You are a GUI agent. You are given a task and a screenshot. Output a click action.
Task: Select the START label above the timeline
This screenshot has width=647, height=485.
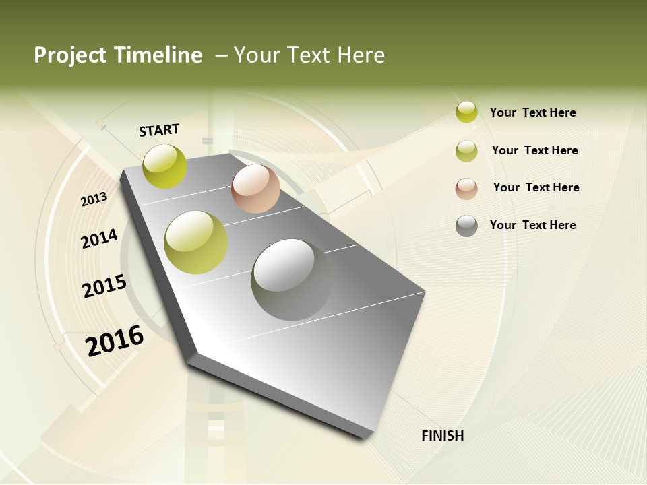[159, 130]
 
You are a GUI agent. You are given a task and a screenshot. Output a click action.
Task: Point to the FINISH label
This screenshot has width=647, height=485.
[443, 436]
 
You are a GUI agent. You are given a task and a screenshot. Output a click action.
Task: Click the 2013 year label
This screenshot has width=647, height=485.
[94, 199]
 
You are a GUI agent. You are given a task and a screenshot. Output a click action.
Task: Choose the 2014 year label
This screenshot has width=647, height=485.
[100, 238]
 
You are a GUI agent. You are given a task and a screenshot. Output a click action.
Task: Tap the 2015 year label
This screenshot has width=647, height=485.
[104, 286]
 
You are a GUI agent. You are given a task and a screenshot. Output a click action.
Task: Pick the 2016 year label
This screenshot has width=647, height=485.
[115, 340]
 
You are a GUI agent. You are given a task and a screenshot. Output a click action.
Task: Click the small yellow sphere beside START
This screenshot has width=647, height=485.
[165, 166]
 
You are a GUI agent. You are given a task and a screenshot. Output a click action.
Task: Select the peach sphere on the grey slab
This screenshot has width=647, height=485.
[255, 189]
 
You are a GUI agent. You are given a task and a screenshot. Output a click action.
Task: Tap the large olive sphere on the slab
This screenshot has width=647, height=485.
[196, 243]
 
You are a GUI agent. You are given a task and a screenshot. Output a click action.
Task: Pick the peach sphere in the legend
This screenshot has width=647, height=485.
[466, 189]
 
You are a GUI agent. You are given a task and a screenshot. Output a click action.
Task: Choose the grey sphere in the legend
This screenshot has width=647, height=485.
[466, 226]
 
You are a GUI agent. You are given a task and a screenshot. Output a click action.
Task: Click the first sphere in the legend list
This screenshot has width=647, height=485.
[466, 112]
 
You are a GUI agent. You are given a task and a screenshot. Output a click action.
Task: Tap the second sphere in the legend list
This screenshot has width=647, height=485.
[466, 151]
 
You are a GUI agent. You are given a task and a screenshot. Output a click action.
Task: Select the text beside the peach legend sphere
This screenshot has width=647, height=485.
[536, 187]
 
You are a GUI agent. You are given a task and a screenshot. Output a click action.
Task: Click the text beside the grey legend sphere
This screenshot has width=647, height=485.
[532, 225]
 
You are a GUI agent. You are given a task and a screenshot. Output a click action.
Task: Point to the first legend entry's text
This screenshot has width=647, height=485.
[532, 112]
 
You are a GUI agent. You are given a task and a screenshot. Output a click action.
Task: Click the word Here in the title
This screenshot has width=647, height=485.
[361, 55]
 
